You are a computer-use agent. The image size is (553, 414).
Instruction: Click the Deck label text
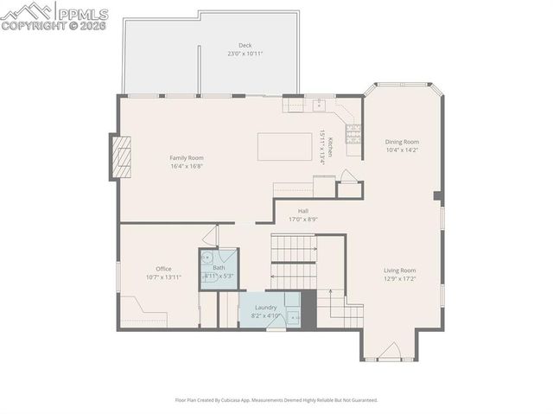[245, 45]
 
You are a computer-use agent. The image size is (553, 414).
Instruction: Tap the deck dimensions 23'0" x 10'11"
[245, 54]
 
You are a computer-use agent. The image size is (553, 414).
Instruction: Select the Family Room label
[186, 157]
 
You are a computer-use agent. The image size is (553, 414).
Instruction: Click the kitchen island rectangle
[287, 142]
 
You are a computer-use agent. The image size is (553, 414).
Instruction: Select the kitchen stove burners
[353, 134]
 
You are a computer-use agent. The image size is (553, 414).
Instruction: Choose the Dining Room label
[402, 142]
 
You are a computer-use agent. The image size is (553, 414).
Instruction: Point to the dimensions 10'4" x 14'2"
[402, 150]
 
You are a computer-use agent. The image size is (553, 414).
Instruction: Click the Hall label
[303, 211]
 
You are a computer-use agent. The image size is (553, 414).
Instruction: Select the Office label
[163, 269]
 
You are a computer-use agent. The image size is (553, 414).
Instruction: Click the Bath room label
[219, 268]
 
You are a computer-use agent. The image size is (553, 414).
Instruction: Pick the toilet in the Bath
[207, 258]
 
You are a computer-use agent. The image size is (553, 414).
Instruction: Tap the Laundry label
[265, 307]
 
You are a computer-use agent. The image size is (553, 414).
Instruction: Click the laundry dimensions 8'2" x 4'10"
[265, 315]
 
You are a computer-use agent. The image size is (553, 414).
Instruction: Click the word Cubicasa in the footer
[230, 400]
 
